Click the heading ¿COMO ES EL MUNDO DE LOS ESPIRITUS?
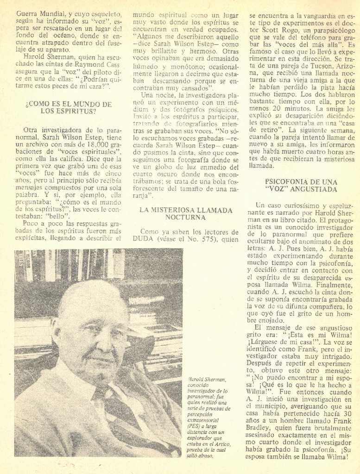[68, 107]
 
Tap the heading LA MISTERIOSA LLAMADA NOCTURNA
[185, 213]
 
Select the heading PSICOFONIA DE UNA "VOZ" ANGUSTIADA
[301, 186]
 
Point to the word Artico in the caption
[221, 444]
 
